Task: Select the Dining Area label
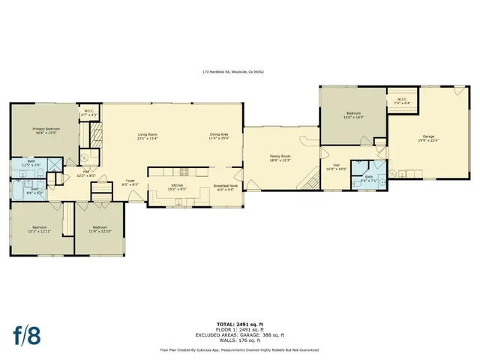point(219,136)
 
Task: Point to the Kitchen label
point(177,187)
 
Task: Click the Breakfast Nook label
point(225,187)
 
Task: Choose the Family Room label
point(280,157)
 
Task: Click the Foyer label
point(130,182)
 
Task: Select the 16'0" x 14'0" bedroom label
point(353,115)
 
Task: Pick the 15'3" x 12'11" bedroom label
point(40,229)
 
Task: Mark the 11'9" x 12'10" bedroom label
point(100,229)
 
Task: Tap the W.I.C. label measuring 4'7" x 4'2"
point(88,112)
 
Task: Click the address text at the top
point(232,72)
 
